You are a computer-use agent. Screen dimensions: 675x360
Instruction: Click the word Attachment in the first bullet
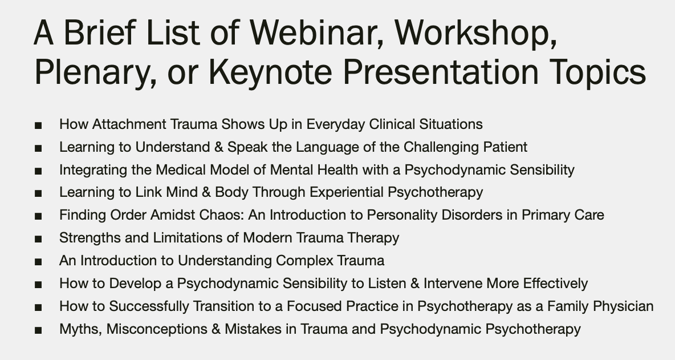(129, 124)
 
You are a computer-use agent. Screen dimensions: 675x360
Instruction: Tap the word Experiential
(347, 192)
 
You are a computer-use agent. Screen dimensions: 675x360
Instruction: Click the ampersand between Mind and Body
(206, 192)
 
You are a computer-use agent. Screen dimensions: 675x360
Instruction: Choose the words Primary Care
(563, 215)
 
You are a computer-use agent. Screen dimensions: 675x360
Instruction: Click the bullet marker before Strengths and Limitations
(38, 239)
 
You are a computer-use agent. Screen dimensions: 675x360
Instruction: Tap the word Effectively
(555, 284)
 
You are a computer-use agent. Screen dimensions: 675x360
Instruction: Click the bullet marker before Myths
(38, 330)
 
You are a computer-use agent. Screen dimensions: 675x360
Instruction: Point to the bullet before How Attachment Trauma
(38, 126)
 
